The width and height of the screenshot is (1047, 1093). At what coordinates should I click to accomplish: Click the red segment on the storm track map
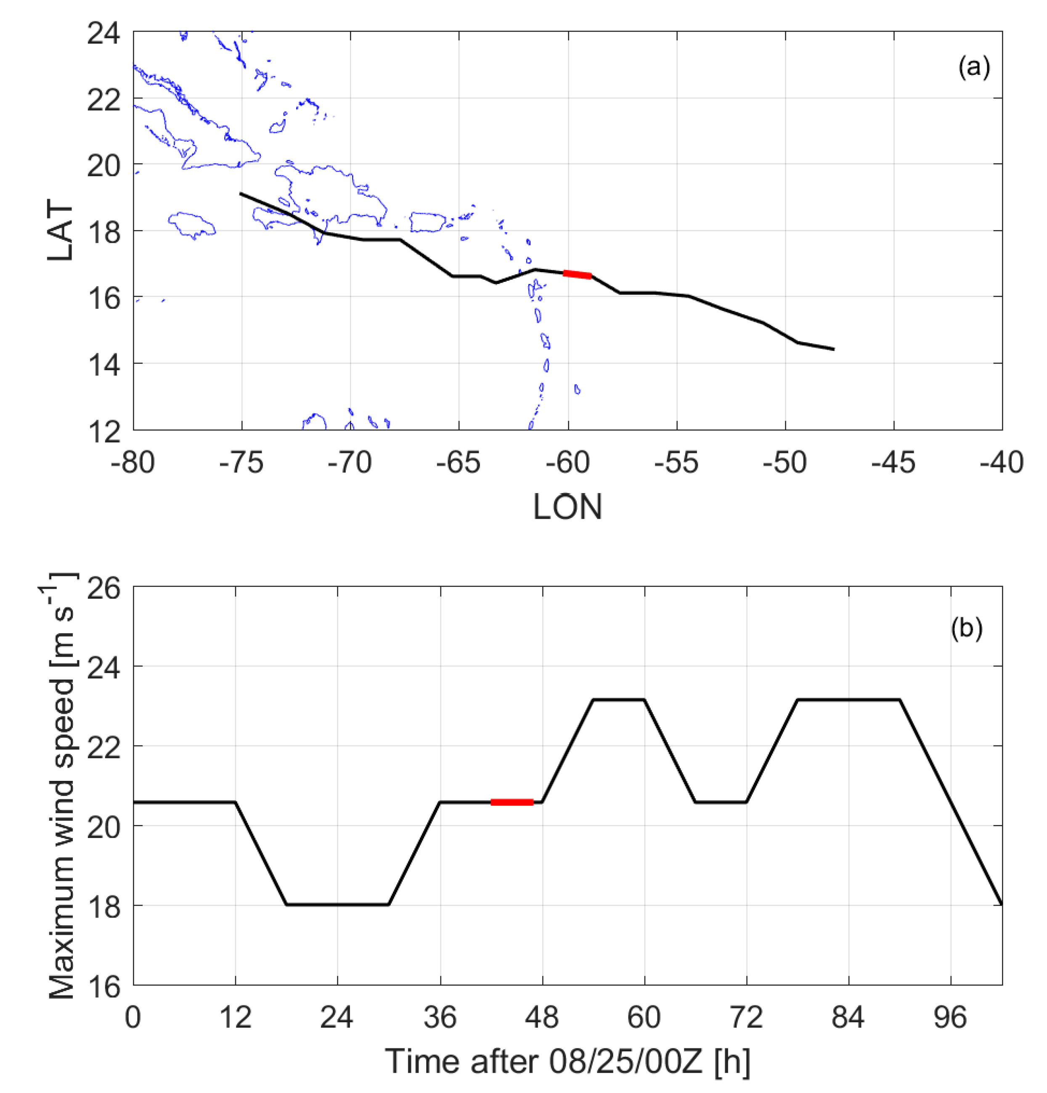point(577,274)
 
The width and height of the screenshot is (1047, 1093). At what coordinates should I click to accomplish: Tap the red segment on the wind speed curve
point(512,802)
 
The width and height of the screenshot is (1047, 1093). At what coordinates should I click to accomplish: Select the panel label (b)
point(966,629)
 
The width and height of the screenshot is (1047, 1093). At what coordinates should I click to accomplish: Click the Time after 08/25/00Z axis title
point(567,1061)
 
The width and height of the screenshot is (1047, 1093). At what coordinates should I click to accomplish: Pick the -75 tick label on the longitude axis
point(241,462)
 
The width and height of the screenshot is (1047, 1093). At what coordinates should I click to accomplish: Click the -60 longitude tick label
point(567,462)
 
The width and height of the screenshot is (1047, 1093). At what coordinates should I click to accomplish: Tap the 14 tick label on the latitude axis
point(104,364)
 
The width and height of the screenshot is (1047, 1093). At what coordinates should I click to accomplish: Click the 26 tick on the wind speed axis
point(104,588)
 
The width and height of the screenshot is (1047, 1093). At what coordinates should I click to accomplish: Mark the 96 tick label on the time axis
point(950,1017)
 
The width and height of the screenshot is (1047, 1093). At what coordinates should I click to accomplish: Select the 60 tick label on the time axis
point(644,1017)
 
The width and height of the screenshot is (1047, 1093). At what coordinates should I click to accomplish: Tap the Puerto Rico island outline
point(427,221)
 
